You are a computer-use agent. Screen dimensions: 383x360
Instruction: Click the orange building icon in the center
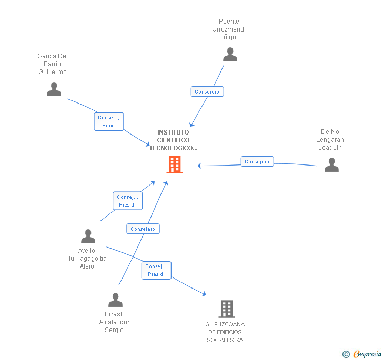[175, 164]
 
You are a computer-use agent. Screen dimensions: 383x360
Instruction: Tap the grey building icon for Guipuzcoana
[226, 309]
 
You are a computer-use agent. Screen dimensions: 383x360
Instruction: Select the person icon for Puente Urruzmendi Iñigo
[230, 55]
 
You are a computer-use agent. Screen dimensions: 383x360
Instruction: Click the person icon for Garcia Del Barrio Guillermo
[54, 89]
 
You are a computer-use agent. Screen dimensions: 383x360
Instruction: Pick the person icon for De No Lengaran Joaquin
[331, 165]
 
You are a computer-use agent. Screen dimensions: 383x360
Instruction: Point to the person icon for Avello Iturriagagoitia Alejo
[88, 236]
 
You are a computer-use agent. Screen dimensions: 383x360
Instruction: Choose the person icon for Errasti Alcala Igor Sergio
[115, 300]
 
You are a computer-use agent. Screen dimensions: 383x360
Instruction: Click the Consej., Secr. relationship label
[109, 121]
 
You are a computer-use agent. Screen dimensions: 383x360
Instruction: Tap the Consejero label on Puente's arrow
[207, 91]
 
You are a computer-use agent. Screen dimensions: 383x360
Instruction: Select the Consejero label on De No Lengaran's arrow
[257, 161]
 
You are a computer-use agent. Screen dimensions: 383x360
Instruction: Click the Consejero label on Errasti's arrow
[143, 229]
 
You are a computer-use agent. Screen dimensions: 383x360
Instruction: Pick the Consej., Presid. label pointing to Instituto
[127, 201]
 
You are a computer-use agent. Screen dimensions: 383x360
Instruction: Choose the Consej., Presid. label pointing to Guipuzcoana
[156, 270]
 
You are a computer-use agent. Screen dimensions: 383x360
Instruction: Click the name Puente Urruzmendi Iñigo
[229, 29]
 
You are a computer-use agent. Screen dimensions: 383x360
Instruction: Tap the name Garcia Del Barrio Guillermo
[53, 64]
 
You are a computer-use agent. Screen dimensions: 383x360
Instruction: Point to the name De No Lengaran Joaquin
[330, 140]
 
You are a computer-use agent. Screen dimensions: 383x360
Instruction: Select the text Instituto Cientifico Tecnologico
[173, 140]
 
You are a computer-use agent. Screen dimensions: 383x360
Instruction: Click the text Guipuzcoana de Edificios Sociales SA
[225, 332]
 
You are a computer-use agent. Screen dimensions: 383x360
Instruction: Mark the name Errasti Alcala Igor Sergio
[114, 322]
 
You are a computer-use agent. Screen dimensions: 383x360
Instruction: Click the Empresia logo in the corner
[362, 354]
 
